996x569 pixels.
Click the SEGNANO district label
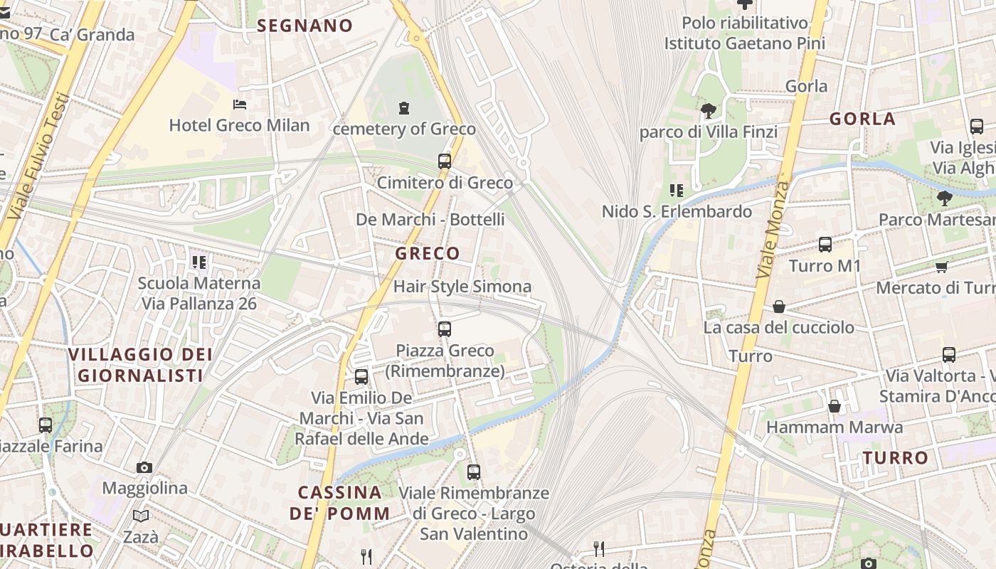(x=304, y=26)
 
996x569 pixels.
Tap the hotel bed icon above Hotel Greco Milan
(x=240, y=105)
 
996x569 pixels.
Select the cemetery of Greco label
(x=404, y=129)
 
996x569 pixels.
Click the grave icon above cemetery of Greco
(x=404, y=108)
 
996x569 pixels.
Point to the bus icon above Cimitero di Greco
(x=445, y=161)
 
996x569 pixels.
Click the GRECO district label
(x=428, y=253)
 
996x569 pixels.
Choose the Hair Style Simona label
(x=462, y=287)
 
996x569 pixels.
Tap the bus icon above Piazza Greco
(x=445, y=329)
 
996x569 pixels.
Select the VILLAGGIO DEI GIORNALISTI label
(x=140, y=365)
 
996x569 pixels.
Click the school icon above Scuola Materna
(x=198, y=262)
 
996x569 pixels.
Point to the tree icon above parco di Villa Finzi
(x=708, y=110)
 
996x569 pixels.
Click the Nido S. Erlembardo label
(x=677, y=211)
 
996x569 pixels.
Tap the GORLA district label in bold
(x=862, y=119)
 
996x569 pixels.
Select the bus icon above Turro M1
(x=825, y=245)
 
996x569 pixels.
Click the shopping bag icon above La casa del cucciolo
(x=779, y=307)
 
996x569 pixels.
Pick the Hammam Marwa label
(x=835, y=427)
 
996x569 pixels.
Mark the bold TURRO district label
(x=896, y=458)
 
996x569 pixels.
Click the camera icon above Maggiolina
(x=144, y=467)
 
